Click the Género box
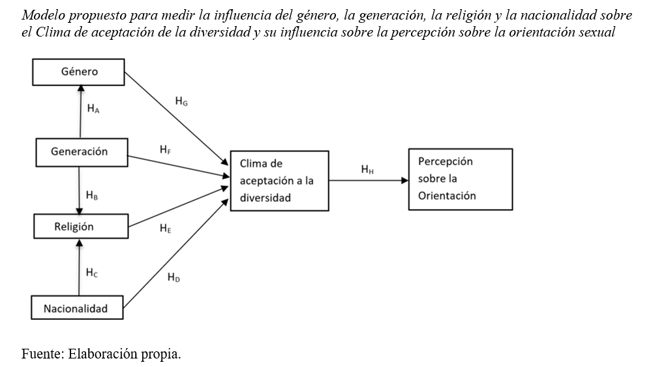pos(78,72)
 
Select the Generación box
pos(79,152)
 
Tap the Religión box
pos(79,227)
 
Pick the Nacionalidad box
pos(77,308)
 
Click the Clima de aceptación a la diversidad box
pos(279,180)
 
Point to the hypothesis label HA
pos(93,109)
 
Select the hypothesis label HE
pos(165,228)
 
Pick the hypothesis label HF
pos(166,150)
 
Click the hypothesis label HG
pos(181,101)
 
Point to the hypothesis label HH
pos(367,170)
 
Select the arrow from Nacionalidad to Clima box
pos(176,248)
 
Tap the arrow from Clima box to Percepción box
pos(369,180)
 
